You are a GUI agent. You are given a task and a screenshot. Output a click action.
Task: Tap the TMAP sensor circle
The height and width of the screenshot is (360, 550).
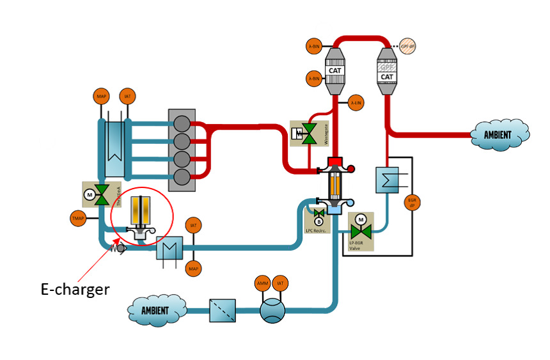pyautogui.click(x=78, y=218)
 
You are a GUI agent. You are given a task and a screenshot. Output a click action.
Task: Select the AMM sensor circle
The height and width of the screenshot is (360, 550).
pyautogui.click(x=263, y=283)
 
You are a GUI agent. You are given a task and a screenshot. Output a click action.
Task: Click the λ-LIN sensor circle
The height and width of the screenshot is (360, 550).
pyautogui.click(x=356, y=103)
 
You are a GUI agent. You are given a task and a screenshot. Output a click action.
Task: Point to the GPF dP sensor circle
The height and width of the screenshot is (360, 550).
pyautogui.click(x=408, y=46)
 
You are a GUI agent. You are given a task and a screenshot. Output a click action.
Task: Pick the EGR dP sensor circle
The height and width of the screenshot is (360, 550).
pyautogui.click(x=412, y=204)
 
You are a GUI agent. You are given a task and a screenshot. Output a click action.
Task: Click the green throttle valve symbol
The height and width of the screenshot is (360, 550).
pyautogui.click(x=101, y=194)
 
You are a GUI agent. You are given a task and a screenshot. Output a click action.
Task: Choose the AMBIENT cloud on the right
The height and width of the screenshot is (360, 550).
pyautogui.click(x=499, y=135)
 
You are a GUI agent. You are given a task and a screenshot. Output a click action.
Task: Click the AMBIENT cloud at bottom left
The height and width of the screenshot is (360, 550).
pyautogui.click(x=157, y=311)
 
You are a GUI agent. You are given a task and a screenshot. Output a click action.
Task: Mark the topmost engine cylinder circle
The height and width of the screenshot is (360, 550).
pyautogui.click(x=182, y=122)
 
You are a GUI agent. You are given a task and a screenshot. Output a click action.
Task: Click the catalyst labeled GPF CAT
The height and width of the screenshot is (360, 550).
pyautogui.click(x=387, y=71)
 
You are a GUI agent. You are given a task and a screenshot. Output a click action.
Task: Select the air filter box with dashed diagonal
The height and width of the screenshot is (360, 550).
pyautogui.click(x=223, y=311)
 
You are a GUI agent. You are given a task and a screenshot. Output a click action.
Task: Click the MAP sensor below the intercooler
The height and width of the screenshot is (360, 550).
pyautogui.click(x=193, y=269)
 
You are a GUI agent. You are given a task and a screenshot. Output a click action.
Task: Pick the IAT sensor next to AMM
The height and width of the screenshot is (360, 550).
pyautogui.click(x=280, y=283)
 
